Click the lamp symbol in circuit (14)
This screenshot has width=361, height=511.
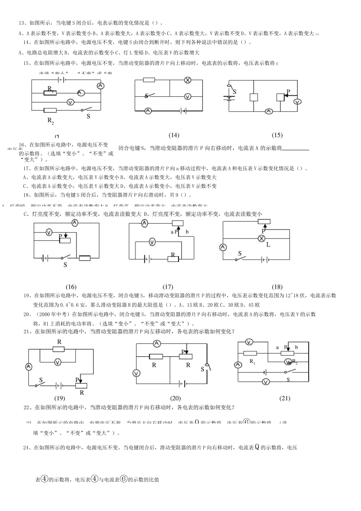[x=187, y=80]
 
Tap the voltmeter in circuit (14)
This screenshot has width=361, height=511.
[x=187, y=96]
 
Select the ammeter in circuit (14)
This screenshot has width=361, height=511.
[x=148, y=111]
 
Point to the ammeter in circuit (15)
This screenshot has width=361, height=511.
[x=269, y=111]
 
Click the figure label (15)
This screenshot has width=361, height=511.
[x=277, y=135]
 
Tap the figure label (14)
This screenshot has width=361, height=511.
[x=174, y=135]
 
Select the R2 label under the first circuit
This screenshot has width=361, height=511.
[x=51, y=121]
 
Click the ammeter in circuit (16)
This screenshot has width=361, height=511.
[x=75, y=222]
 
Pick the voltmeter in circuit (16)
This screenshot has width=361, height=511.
[x=49, y=232]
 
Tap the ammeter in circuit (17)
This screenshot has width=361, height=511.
[x=144, y=223]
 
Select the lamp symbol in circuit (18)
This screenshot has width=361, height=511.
[x=261, y=238]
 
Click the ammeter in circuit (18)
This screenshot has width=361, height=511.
[x=223, y=248]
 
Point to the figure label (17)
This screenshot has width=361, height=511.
[x=168, y=287]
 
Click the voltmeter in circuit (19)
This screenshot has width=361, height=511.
[x=58, y=362]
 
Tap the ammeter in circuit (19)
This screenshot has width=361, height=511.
[x=28, y=367]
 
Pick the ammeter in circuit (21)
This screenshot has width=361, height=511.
[x=238, y=365]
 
